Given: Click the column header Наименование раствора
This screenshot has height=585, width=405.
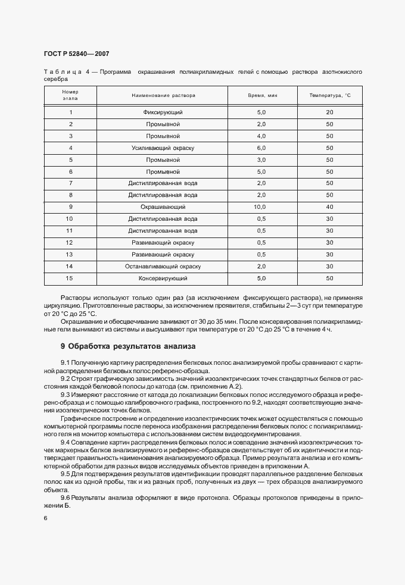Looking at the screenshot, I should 163,95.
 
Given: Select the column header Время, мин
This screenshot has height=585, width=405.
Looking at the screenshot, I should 263,95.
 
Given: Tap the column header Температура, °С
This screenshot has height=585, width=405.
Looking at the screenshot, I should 331,95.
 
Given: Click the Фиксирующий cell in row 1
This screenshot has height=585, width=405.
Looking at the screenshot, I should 163,112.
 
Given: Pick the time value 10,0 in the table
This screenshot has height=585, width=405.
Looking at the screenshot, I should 261,207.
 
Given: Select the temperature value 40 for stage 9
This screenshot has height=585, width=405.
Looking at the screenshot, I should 329,207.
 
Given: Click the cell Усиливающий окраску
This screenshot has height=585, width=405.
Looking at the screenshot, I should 163,148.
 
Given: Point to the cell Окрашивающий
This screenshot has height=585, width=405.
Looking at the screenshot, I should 163,207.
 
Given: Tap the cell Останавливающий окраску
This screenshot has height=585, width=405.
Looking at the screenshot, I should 163,266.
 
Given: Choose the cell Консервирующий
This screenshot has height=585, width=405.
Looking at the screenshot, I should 163,278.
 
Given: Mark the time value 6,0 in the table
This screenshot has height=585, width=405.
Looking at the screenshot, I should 261,148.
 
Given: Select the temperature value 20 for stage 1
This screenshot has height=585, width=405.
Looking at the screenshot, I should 329,112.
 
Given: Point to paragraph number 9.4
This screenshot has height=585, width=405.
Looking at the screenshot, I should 66,443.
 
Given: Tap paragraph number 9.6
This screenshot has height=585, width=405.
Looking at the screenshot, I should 66,497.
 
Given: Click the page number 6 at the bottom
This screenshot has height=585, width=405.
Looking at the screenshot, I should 46,518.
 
